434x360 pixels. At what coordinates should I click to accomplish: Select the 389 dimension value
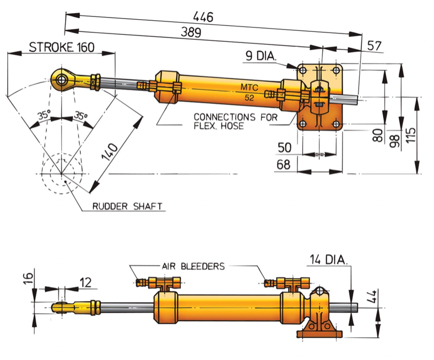(191, 33)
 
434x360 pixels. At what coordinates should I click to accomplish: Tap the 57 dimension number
(375, 46)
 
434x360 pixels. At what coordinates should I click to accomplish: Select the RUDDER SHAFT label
(128, 206)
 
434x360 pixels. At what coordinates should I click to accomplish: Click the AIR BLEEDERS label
(193, 266)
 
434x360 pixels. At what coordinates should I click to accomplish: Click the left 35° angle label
(44, 116)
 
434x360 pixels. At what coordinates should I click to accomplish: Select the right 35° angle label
(80, 116)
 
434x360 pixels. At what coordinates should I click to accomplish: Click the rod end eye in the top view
(61, 80)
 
